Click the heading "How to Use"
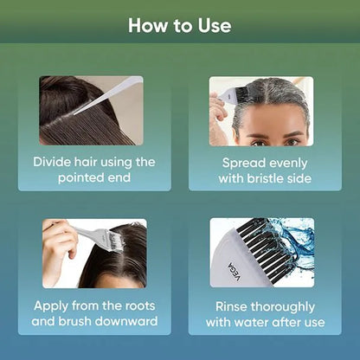tap(180, 25)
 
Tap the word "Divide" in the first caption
tap(55, 162)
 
